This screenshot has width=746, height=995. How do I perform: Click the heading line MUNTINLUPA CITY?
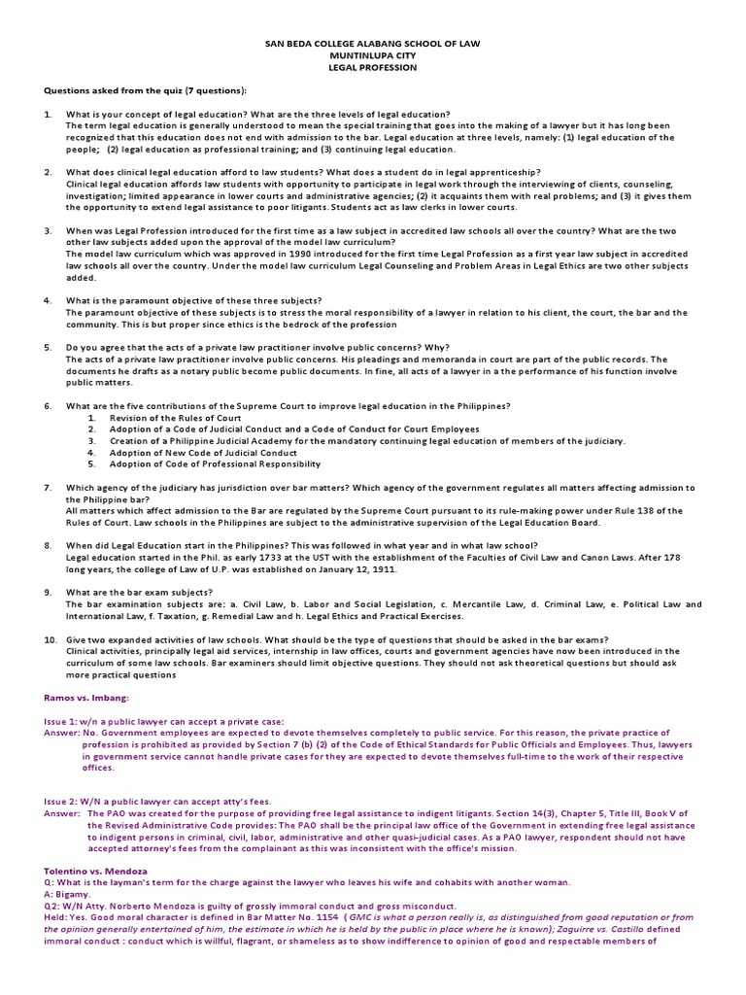(x=373, y=56)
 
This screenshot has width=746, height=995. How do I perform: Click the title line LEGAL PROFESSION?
(x=373, y=68)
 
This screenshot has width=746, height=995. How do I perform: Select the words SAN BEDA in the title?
(x=289, y=45)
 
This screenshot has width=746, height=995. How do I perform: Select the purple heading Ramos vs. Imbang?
(x=85, y=697)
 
